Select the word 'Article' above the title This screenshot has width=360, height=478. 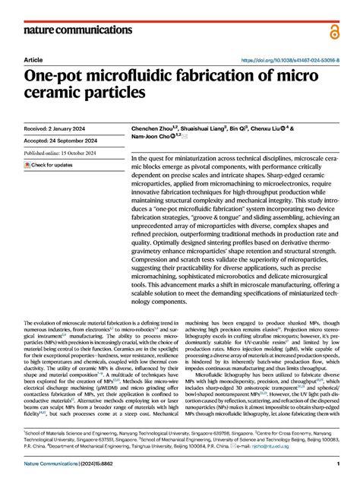[x=33, y=59]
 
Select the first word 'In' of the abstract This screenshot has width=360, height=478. [x=134, y=137]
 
